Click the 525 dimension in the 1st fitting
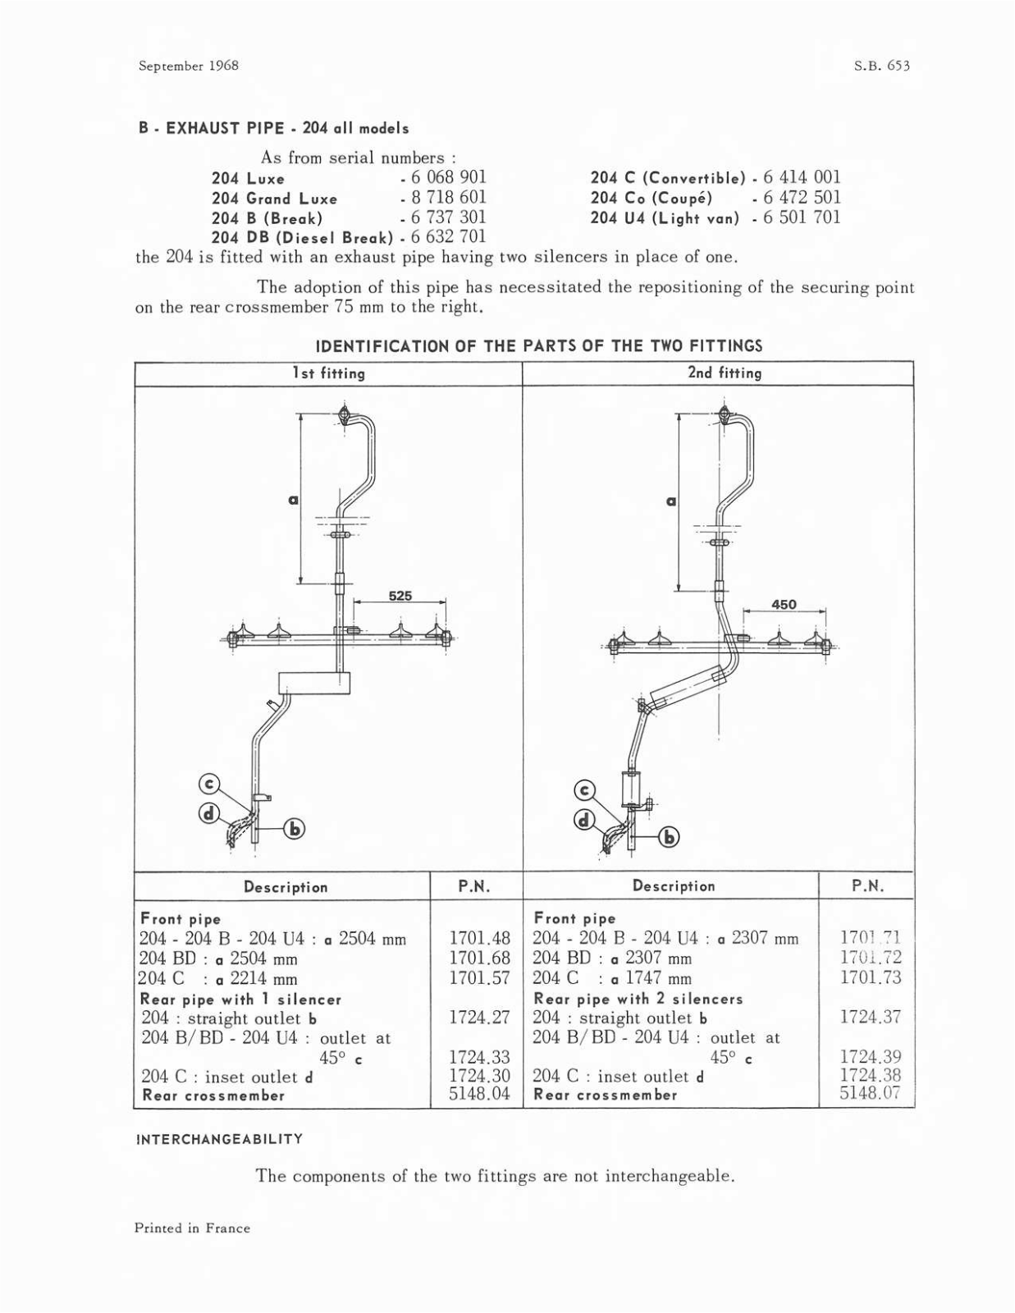coord(400,596)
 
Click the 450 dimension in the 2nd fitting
coord(784,605)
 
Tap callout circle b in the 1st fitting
coord(294,830)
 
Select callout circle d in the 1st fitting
coord(209,813)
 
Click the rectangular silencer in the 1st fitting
coord(314,683)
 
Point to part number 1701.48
coord(480,938)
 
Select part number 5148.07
coord(870,1093)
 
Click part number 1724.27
coord(480,1018)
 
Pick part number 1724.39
coord(870,1057)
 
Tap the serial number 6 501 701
coord(802,217)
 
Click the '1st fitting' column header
coord(329,373)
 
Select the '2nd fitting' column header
coord(725,373)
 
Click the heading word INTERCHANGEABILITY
coord(219,1139)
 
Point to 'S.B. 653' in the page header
coord(882,66)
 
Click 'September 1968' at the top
coord(189,66)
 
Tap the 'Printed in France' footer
coord(193,1228)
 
